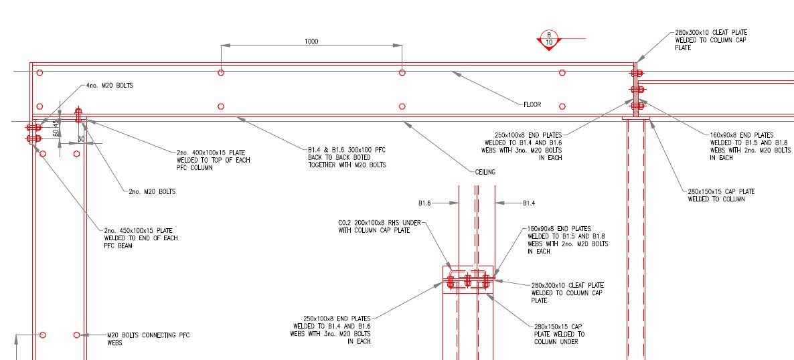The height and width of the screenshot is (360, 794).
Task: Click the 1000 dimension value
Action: point(311,41)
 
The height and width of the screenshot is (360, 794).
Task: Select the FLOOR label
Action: point(532,105)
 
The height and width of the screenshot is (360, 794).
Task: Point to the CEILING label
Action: point(485,172)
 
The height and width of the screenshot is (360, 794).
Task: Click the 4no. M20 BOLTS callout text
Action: point(109,86)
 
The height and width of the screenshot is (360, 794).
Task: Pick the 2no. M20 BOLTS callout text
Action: point(152,192)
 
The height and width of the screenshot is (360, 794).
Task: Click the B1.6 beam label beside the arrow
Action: point(424,203)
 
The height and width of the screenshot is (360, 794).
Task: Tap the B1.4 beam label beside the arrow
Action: point(529,203)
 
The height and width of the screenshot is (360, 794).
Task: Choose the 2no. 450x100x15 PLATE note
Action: point(141,238)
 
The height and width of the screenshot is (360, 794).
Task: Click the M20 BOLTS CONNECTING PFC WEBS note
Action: point(148,339)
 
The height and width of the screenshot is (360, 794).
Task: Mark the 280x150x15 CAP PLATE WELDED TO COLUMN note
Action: point(721,195)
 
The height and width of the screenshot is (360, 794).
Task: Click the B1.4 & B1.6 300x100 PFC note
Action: point(347,157)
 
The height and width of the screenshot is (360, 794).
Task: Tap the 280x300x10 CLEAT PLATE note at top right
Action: point(711,40)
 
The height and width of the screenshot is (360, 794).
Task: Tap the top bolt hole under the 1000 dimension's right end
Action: point(402,73)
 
